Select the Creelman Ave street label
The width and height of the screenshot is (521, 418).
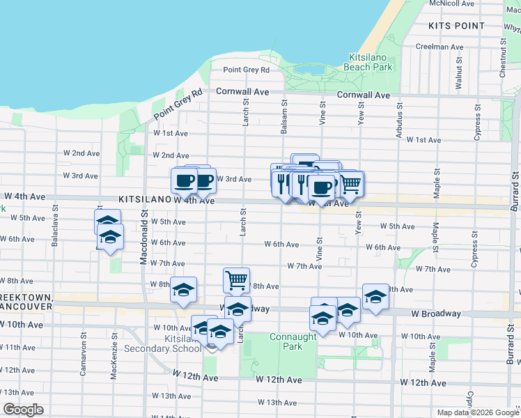tap(439, 47)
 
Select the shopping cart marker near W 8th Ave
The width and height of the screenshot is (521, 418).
tap(236, 280)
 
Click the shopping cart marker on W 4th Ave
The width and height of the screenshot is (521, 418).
tap(350, 184)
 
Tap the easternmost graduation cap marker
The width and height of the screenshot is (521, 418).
tap(375, 297)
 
